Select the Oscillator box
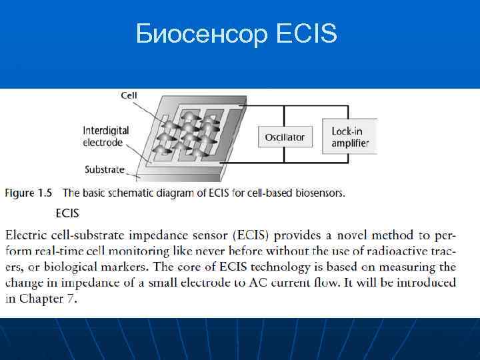pos(285,137)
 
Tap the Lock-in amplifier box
pos(351,137)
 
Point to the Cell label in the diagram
pos(129,95)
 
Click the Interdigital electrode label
pos(106,136)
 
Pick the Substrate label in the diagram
pos(105,169)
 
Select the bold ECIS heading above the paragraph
pos(67,213)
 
